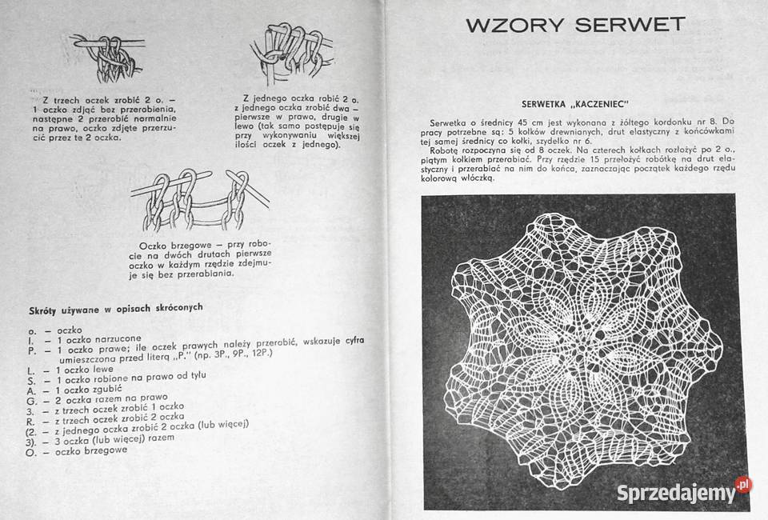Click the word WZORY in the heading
(511, 24)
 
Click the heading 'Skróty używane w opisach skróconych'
(115, 308)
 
